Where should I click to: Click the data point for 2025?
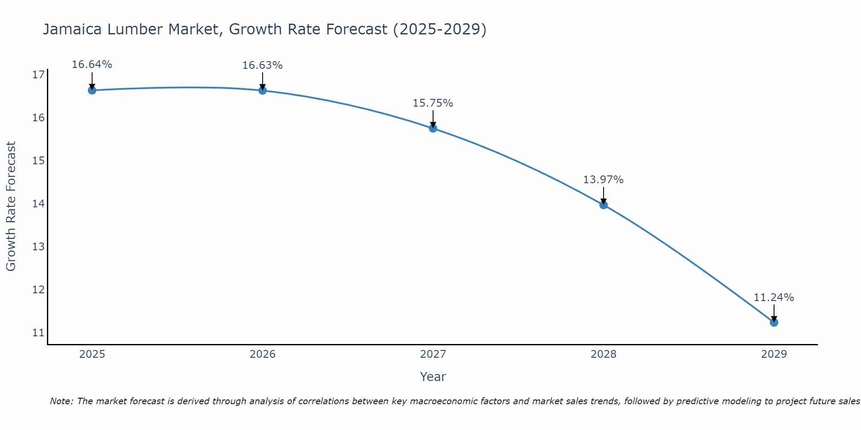click(92, 90)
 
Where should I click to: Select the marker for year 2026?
click(263, 90)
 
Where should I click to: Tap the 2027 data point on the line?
click(433, 128)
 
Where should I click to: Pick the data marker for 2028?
click(604, 205)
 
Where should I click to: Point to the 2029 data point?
click(774, 322)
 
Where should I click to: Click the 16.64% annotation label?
click(92, 64)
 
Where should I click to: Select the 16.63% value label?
click(263, 65)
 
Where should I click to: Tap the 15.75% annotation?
click(433, 103)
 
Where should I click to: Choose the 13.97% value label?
click(604, 180)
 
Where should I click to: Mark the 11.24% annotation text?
click(774, 298)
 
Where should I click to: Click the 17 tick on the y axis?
click(38, 75)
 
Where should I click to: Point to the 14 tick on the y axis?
click(38, 203)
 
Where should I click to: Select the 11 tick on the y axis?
click(38, 332)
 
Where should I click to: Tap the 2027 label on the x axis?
click(433, 354)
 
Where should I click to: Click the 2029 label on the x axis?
click(774, 354)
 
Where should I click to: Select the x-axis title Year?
click(433, 377)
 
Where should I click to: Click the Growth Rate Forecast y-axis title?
click(11, 206)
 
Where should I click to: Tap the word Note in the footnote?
click(62, 401)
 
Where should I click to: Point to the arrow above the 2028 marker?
click(604, 196)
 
